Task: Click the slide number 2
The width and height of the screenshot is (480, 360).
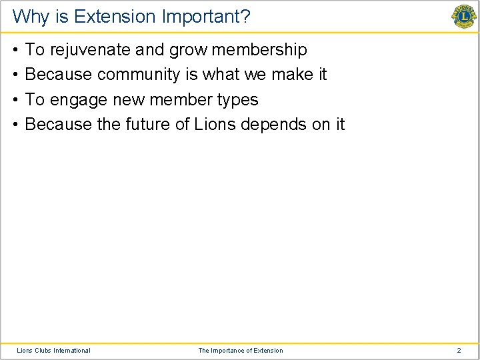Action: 459,350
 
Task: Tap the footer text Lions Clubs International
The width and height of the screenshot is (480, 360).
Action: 53,350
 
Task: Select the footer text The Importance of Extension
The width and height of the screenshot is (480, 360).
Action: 240,350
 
